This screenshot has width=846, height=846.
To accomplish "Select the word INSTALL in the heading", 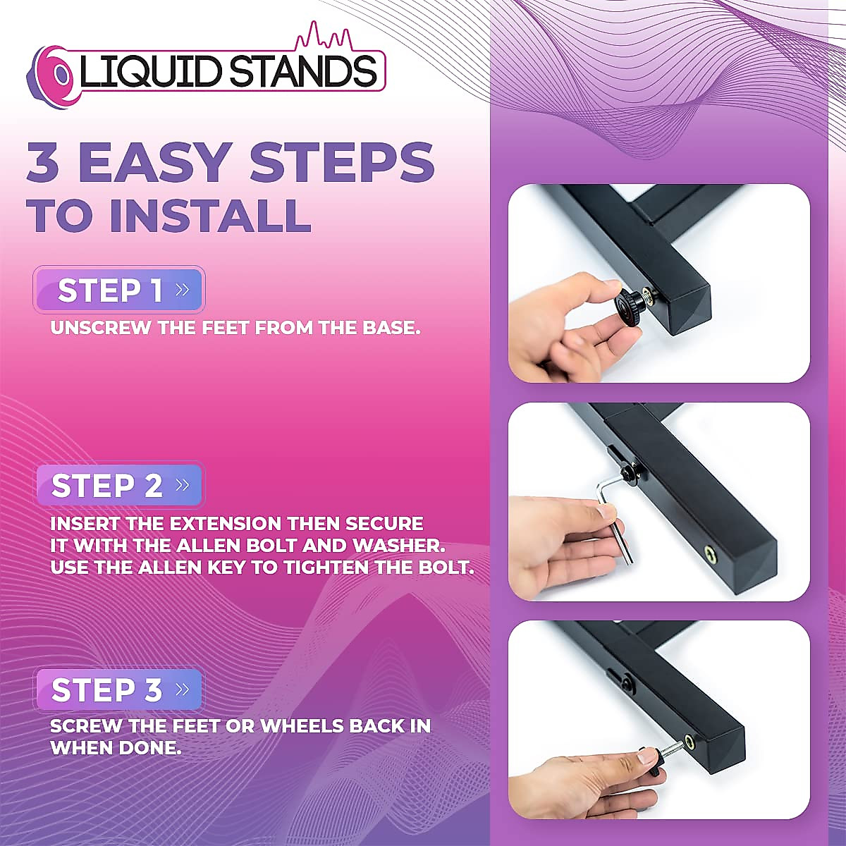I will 209,215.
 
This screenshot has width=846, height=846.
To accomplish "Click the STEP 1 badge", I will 118,290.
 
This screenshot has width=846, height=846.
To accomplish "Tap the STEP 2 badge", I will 118,486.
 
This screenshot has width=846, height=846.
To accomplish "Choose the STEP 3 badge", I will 118,689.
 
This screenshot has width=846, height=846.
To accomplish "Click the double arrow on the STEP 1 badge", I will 182,290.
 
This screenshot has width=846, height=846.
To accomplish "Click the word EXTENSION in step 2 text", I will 206,524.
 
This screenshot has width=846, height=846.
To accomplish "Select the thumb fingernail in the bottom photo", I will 647,758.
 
